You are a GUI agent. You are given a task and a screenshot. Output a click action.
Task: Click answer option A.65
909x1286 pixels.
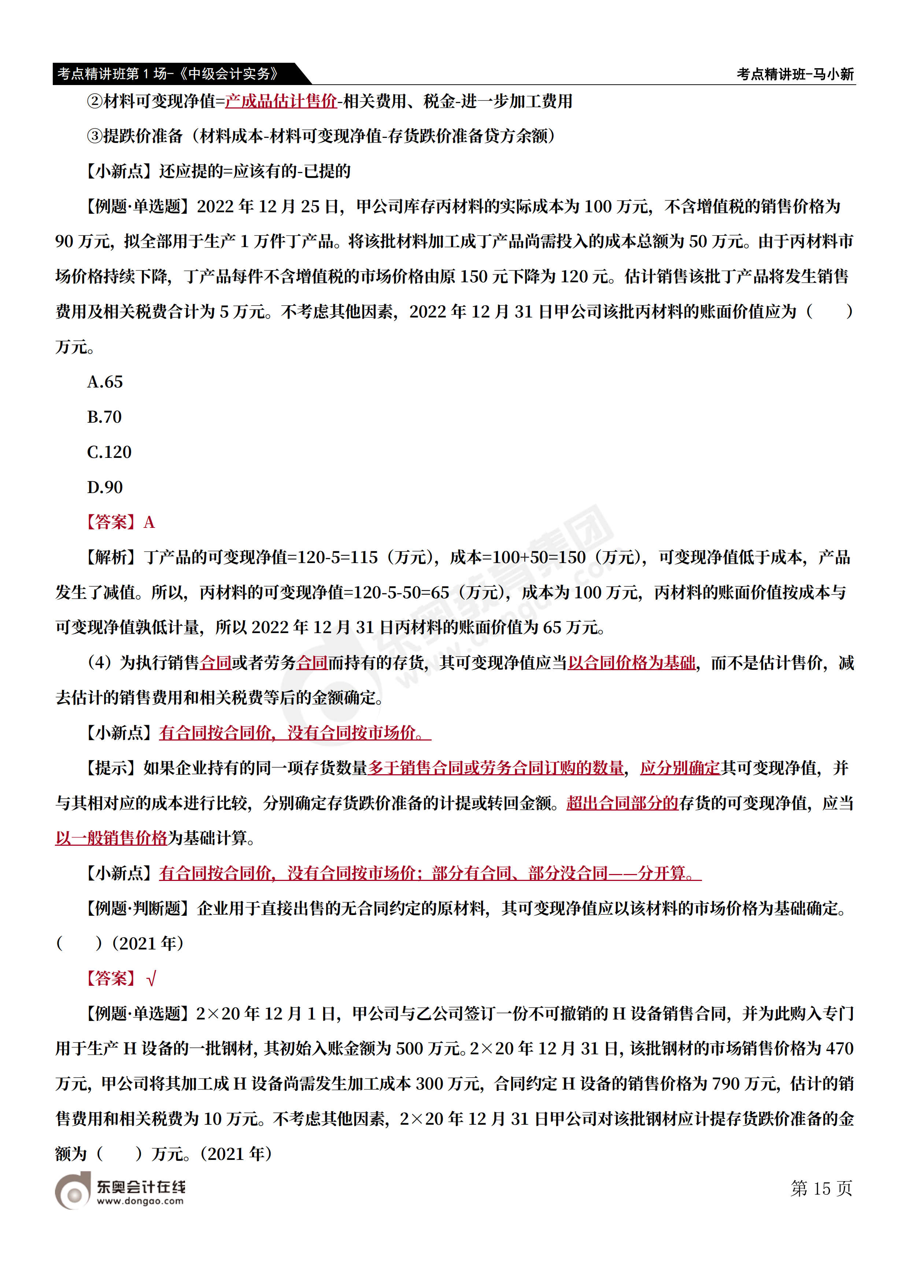point(105,382)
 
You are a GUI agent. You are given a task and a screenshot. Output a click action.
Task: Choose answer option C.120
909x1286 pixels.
point(109,452)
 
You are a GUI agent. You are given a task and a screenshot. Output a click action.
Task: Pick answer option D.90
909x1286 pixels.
point(105,487)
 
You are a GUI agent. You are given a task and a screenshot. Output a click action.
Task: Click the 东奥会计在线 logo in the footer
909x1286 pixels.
point(120,1192)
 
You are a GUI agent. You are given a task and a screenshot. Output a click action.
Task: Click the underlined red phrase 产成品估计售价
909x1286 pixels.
point(281,102)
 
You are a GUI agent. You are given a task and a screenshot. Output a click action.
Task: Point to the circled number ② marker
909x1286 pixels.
point(95,102)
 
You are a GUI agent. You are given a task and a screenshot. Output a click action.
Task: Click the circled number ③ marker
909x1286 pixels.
point(95,136)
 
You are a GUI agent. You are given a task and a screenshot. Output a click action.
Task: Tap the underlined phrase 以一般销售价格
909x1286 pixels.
point(111,838)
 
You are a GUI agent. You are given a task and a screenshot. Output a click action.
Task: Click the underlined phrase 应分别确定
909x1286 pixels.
point(680,768)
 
